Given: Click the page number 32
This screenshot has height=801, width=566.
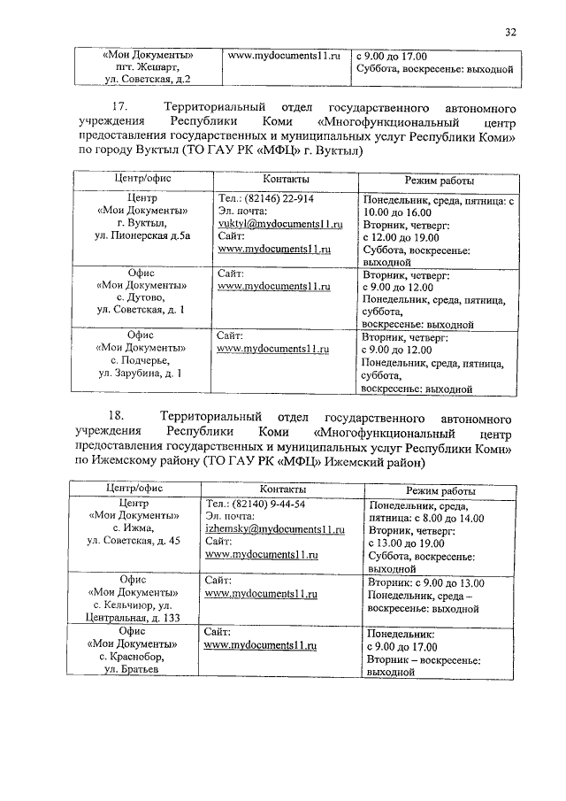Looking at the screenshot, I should (x=510, y=33).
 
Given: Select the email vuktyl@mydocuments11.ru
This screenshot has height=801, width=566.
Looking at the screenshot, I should (x=278, y=226).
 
